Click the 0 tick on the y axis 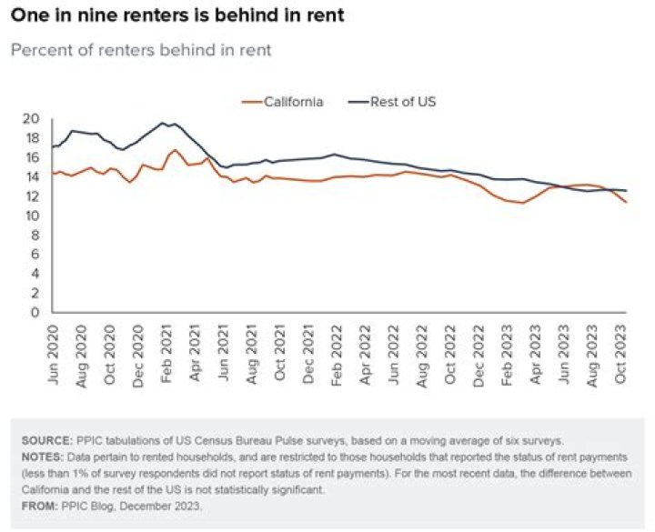point(35,312)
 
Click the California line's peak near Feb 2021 point(175,150)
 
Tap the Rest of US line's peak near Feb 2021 point(164,123)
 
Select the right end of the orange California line point(626,202)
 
